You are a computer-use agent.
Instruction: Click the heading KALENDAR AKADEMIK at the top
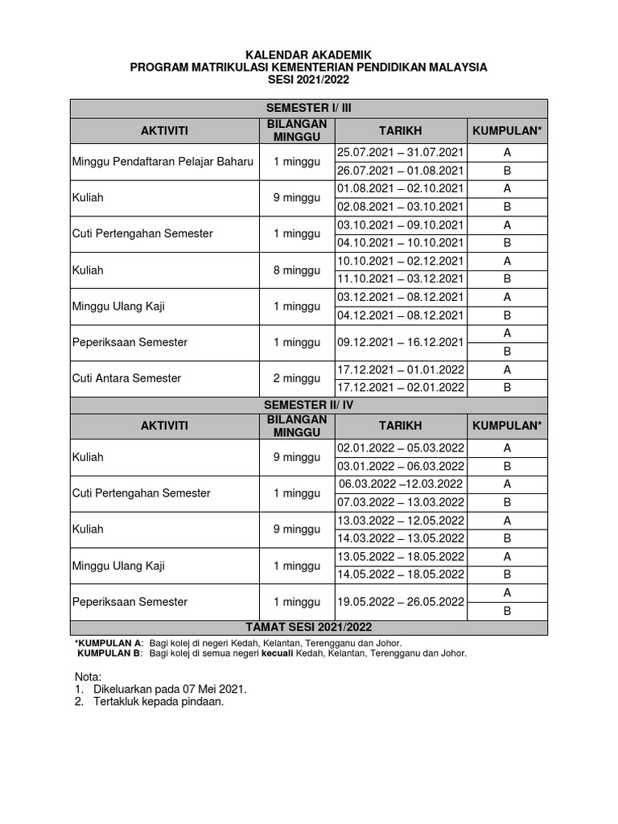pyautogui.click(x=309, y=55)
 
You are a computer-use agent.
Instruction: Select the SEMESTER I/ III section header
pyautogui.click(x=309, y=108)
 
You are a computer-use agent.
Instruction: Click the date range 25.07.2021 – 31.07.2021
pyautogui.click(x=401, y=153)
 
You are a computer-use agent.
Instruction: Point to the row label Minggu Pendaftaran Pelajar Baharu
pyautogui.click(x=163, y=162)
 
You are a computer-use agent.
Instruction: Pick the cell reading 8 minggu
pyautogui.click(x=296, y=270)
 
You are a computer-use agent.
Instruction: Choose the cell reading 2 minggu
pyautogui.click(x=296, y=378)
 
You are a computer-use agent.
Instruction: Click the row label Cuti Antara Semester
pyautogui.click(x=127, y=378)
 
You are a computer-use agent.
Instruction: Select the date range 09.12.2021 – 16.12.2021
pyautogui.click(x=401, y=342)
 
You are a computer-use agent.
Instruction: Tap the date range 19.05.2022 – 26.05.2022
pyautogui.click(x=401, y=601)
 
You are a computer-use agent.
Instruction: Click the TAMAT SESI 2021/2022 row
pyautogui.click(x=309, y=627)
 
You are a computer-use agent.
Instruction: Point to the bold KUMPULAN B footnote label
pyautogui.click(x=109, y=653)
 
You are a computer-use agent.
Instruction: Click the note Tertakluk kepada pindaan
pyautogui.click(x=158, y=702)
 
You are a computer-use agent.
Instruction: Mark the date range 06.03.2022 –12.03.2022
pyautogui.click(x=401, y=484)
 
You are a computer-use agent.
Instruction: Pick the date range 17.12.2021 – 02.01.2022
pyautogui.click(x=401, y=387)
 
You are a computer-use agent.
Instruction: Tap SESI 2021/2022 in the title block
pyautogui.click(x=309, y=80)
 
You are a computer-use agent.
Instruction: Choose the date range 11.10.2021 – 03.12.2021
pyautogui.click(x=401, y=279)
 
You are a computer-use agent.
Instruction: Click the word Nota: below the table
pyautogui.click(x=89, y=677)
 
